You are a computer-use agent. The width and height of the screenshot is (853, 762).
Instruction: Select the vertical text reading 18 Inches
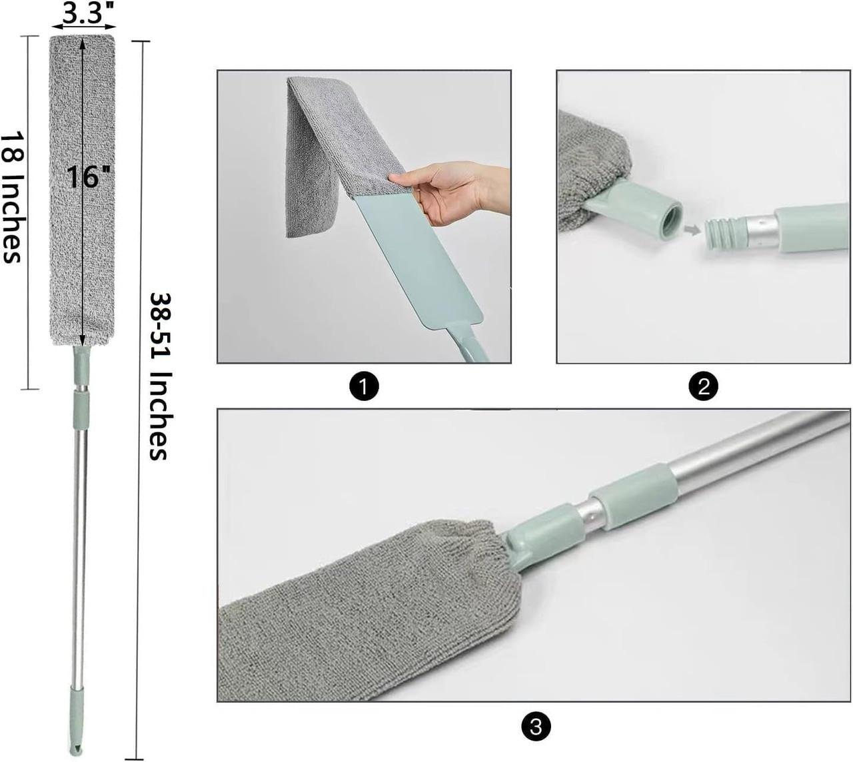[x=13, y=196]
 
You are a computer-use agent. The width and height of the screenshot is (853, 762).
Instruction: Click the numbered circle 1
[x=364, y=386]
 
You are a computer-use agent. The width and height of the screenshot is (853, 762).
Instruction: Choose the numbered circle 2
[x=704, y=386]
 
